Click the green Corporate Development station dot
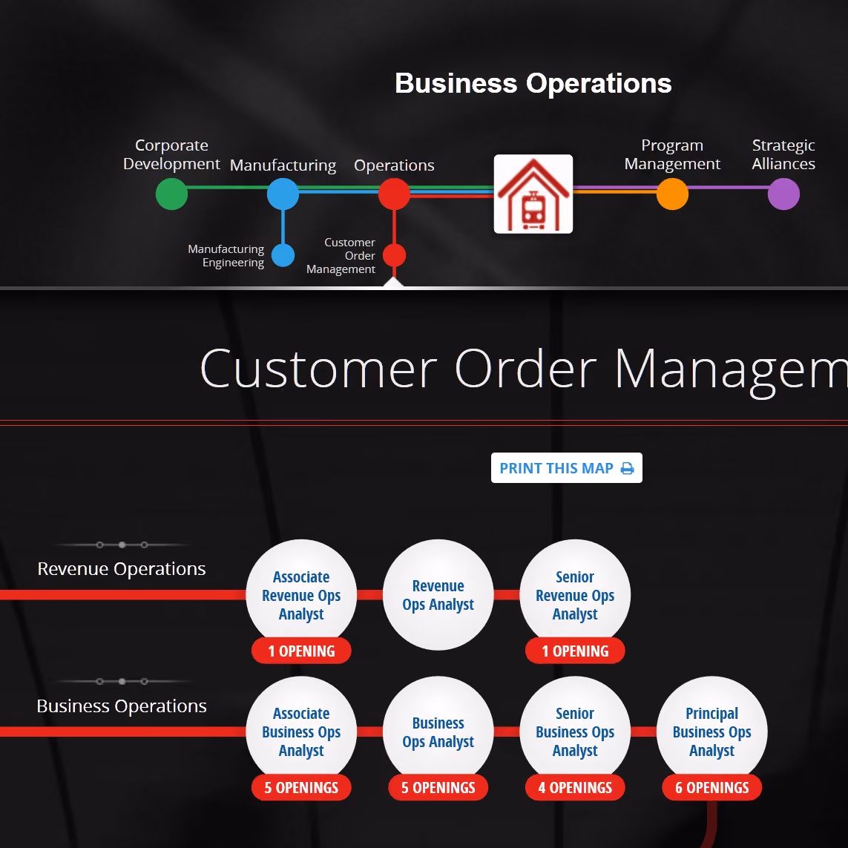[171, 194]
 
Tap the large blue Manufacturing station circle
[283, 194]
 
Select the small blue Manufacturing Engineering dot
[283, 255]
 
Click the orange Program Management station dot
[672, 194]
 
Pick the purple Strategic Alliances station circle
[783, 194]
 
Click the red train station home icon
[533, 194]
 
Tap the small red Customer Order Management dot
[394, 255]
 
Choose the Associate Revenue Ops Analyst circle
[301, 594]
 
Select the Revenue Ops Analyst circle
[438, 594]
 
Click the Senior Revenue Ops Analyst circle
[575, 594]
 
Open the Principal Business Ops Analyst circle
[711, 732]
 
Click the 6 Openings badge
[711, 787]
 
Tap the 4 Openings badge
[575, 787]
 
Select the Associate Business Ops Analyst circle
[301, 732]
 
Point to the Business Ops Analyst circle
[438, 732]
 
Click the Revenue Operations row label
[122, 569]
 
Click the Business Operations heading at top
[533, 83]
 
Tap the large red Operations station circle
[394, 194]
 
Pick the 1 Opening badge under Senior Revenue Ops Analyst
[575, 651]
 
